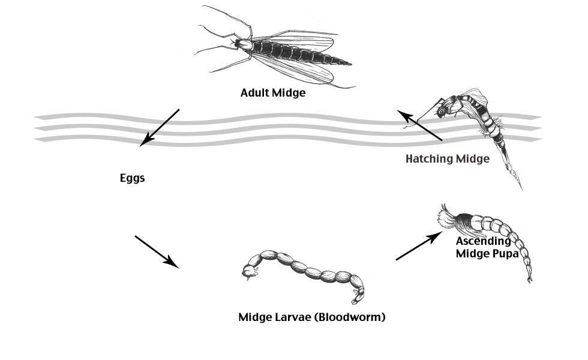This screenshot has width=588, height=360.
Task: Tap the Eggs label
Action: [x=132, y=178]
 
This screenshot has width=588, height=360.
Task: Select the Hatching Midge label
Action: [x=448, y=159]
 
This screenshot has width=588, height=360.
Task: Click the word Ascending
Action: [x=484, y=241]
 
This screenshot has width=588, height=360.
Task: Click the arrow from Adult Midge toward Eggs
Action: [x=159, y=128]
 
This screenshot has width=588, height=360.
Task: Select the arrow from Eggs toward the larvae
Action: [x=157, y=251]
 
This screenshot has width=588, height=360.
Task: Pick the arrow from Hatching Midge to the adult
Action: [x=421, y=126]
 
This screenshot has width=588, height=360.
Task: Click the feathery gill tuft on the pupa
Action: [x=448, y=217]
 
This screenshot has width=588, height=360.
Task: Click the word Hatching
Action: [x=430, y=159]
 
